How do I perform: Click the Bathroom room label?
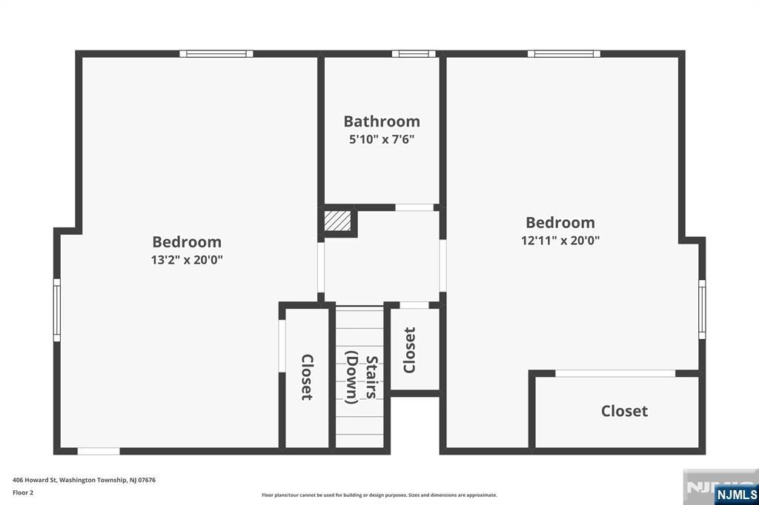click(382, 121)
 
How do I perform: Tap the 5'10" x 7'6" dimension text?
click(382, 140)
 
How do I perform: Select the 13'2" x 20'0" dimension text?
click(187, 260)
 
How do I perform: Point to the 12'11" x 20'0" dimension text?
click(560, 241)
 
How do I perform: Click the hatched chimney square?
click(337, 221)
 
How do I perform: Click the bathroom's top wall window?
click(414, 54)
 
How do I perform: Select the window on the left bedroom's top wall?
click(216, 54)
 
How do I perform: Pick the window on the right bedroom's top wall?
click(564, 54)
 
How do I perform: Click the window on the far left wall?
click(56, 310)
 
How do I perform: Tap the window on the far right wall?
click(702, 310)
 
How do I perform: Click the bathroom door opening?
click(414, 207)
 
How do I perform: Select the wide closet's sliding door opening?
click(614, 373)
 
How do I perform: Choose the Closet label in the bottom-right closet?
click(624, 411)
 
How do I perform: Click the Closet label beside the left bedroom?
click(308, 378)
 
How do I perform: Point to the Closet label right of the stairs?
click(409, 350)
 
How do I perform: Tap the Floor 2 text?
click(23, 493)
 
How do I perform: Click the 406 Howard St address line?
click(84, 481)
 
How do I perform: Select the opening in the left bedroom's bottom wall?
click(99, 451)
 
